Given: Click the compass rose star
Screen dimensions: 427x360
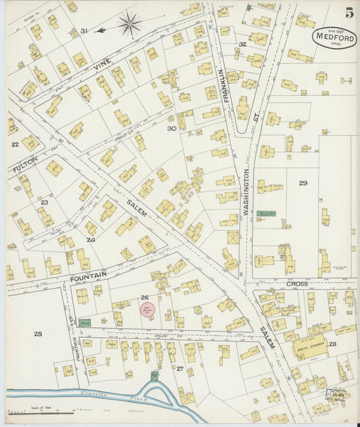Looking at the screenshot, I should [128, 26].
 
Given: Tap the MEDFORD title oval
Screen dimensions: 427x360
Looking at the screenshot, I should [334, 37].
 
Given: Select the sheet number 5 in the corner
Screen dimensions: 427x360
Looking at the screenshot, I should [349, 13].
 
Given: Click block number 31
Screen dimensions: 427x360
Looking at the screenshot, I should [84, 31].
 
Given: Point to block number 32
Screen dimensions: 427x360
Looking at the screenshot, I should [242, 44].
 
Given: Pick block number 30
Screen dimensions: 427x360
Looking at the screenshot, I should [172, 128].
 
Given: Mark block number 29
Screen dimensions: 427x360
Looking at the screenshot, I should [303, 183].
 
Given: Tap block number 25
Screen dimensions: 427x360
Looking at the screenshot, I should [38, 334].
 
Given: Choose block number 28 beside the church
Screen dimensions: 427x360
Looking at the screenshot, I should [332, 345].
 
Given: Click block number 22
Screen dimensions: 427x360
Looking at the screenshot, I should [15, 144].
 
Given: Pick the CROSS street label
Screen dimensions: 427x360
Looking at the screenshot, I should [297, 284].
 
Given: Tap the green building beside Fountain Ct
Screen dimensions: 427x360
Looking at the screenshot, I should [84, 323].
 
